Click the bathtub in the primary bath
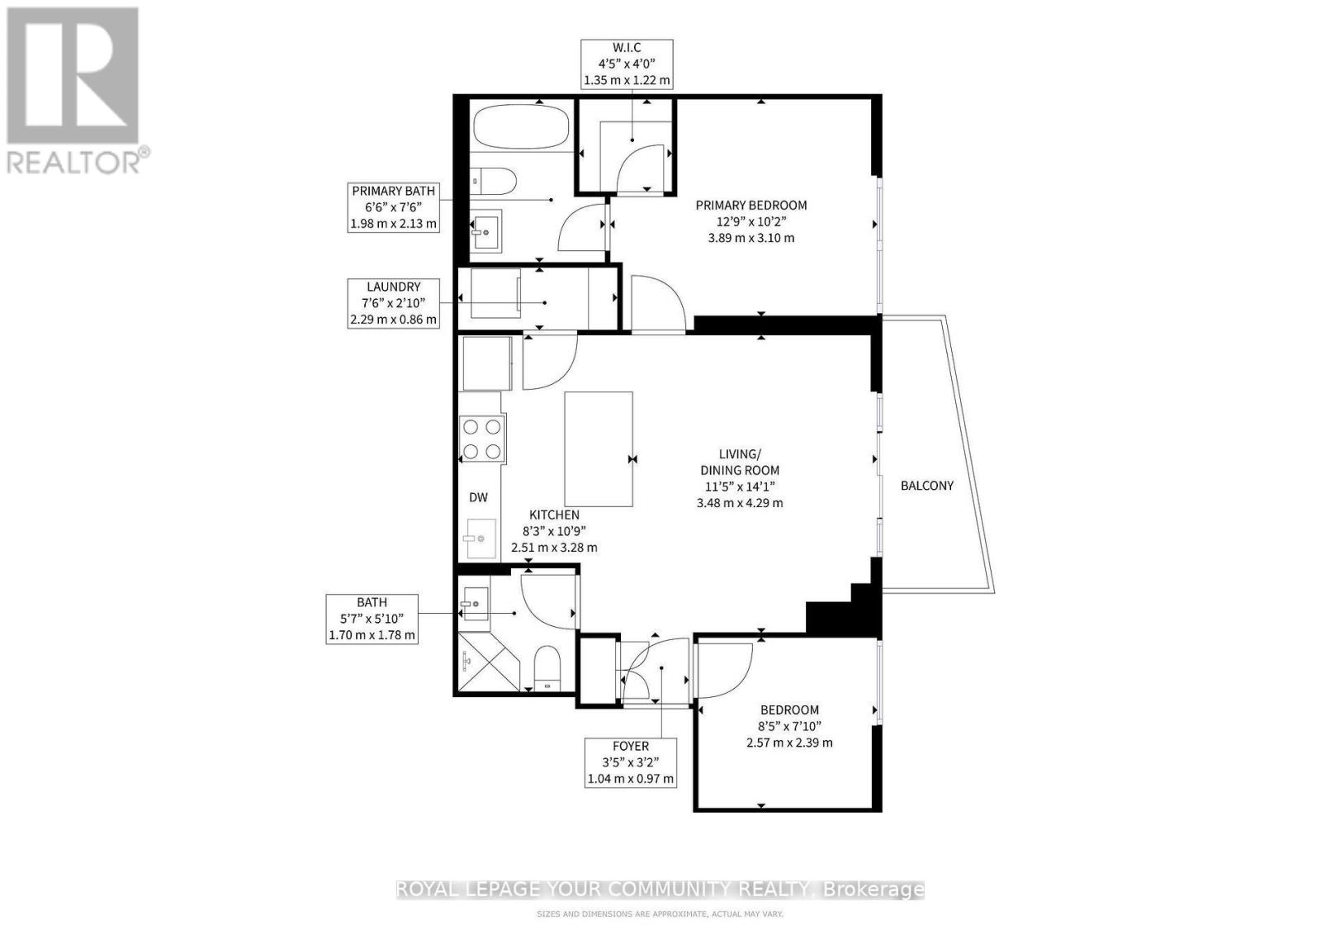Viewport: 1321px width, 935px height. coord(521,126)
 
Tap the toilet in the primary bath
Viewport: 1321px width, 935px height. coord(495,180)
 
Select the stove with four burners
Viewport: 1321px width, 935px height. coord(481,439)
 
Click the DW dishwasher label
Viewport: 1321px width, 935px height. coord(478,497)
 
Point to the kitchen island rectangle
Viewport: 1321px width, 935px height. coord(599,449)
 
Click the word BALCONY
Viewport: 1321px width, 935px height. coord(926,486)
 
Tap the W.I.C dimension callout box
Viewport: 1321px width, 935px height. coord(627,64)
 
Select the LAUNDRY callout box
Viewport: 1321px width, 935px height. coord(393,302)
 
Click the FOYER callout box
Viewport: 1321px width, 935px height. coord(630,762)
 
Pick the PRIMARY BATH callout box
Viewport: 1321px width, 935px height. coord(393,206)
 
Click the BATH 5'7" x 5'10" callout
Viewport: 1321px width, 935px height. coord(372,619)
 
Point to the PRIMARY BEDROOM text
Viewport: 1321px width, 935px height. coord(750,206)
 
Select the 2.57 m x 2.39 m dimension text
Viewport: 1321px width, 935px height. coord(788,743)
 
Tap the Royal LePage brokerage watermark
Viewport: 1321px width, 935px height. coord(660,890)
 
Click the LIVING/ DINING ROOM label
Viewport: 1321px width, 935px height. coord(738,462)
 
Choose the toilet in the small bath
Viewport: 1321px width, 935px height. coord(547,667)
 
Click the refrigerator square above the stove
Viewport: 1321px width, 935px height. coord(486,363)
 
